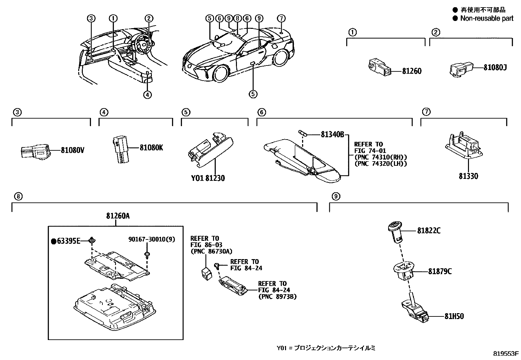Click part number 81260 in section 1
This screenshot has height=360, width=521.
411,71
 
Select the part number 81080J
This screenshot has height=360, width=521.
495,68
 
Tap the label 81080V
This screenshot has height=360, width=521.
72,150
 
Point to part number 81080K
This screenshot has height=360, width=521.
151,148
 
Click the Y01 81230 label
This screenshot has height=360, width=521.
208,178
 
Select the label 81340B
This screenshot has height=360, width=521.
332,134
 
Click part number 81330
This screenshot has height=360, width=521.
468,176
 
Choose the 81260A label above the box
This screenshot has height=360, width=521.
117,216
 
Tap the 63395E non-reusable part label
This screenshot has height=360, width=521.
68,241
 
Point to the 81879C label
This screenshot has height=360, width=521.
440,272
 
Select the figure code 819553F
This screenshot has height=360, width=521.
506,354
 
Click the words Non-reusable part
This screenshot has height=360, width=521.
487,18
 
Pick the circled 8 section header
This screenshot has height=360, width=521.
18,197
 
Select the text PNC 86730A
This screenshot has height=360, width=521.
211,251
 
